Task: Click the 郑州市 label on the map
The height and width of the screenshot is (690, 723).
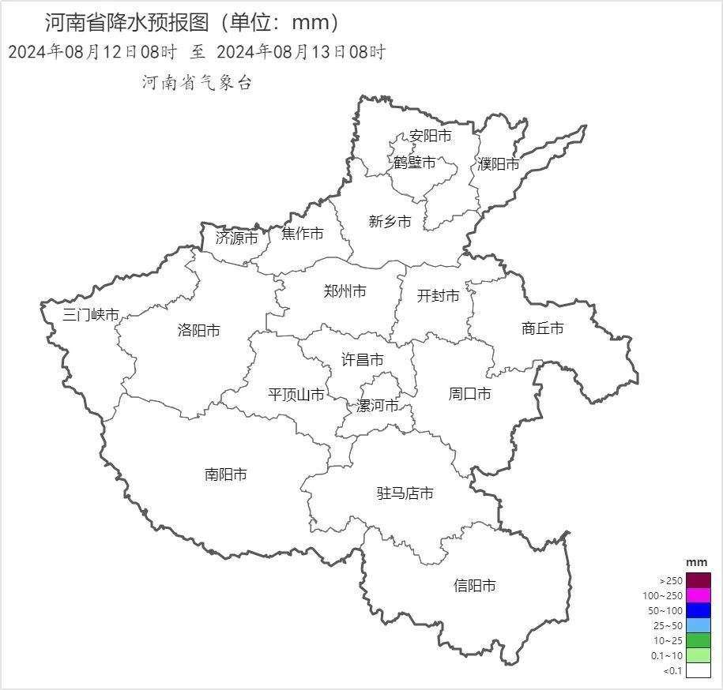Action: pyautogui.click(x=345, y=291)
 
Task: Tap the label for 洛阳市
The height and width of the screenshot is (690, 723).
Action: pyautogui.click(x=198, y=331)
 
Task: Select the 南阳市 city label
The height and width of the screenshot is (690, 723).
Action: pyautogui.click(x=226, y=474)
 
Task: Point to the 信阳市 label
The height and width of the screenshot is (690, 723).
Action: pyautogui.click(x=475, y=586)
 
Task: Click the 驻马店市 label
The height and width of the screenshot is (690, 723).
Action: pyautogui.click(x=405, y=493)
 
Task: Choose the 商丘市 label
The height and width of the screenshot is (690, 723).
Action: pyautogui.click(x=543, y=328)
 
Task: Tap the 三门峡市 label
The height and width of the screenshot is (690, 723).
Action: pyautogui.click(x=91, y=315)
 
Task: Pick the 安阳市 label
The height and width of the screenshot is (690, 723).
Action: pyautogui.click(x=431, y=136)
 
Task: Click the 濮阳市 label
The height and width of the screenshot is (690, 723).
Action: pyautogui.click(x=499, y=164)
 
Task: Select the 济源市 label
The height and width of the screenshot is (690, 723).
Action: pyautogui.click(x=236, y=238)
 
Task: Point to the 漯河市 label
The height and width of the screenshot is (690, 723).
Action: pyautogui.click(x=377, y=406)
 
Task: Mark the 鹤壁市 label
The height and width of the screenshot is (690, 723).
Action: pyautogui.click(x=415, y=163)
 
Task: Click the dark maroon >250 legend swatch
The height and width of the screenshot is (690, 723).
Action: pyautogui.click(x=699, y=580)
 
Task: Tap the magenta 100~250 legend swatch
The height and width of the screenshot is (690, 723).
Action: pyautogui.click(x=699, y=595)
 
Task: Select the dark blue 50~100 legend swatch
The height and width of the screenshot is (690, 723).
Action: pyautogui.click(x=699, y=610)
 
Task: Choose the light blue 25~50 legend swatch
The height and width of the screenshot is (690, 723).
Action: pyautogui.click(x=699, y=625)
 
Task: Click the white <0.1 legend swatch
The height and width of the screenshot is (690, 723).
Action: pyautogui.click(x=699, y=671)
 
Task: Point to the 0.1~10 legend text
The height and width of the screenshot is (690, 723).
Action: pyautogui.click(x=667, y=656)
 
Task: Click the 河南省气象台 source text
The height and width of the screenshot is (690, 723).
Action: pyautogui.click(x=197, y=83)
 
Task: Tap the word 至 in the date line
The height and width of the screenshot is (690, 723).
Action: pyautogui.click(x=198, y=53)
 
